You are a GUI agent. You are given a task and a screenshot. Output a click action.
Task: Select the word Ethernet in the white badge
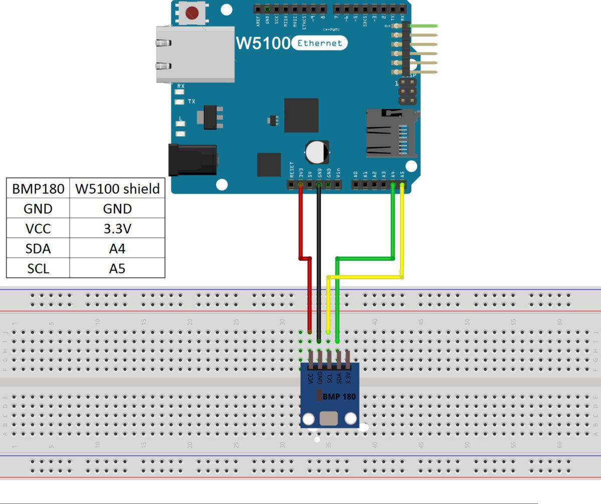pyautogui.click(x=320, y=43)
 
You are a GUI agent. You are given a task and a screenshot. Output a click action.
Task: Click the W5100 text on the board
pyautogui.click(x=262, y=44)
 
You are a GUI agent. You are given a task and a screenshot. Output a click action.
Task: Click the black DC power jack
pyautogui.click(x=192, y=160)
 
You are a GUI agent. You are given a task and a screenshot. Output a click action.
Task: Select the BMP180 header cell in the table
pyautogui.click(x=38, y=189)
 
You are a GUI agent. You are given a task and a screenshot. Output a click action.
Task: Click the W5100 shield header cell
pyautogui.click(x=117, y=189)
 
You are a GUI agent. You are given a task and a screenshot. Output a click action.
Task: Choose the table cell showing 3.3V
pyautogui.click(x=117, y=228)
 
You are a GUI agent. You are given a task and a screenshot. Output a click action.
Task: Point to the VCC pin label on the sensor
pyautogui.click(x=311, y=378)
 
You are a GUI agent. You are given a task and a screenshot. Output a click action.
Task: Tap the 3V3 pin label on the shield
pyautogui.click(x=300, y=173)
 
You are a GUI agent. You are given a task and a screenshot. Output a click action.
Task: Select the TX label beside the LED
pyautogui.click(x=191, y=102)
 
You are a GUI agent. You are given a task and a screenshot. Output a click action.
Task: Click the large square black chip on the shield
pyautogui.click(x=301, y=115)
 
